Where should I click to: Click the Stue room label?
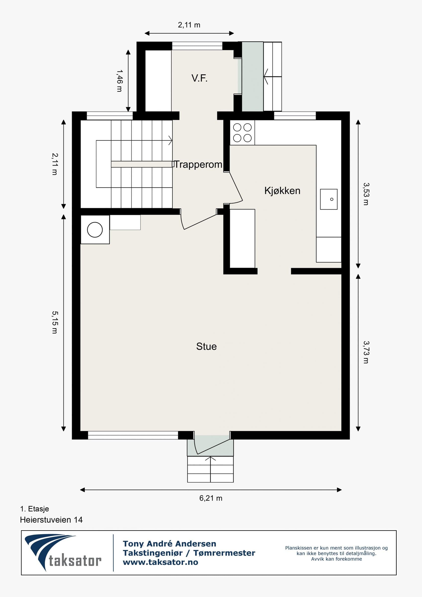(x=206, y=346)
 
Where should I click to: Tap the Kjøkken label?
(x=282, y=191)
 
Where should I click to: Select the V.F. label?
(x=199, y=78)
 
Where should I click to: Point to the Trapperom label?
(x=198, y=165)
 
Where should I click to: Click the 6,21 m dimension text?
(x=211, y=498)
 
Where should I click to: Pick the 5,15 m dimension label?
(x=54, y=322)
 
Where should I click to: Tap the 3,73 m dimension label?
(x=366, y=352)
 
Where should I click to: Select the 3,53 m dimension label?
(x=366, y=194)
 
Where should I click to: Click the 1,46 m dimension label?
(x=119, y=81)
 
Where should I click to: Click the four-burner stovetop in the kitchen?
(x=242, y=133)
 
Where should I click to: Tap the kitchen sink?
(x=329, y=199)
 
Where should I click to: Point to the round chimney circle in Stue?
(x=95, y=230)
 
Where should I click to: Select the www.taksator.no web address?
(x=160, y=562)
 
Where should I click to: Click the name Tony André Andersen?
(x=169, y=544)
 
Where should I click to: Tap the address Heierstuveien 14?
(x=51, y=520)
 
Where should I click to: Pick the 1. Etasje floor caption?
(x=35, y=509)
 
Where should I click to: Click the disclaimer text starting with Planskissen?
(x=336, y=553)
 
